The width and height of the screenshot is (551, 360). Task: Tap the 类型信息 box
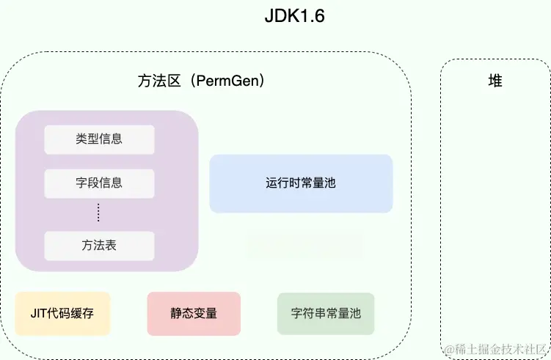(99, 139)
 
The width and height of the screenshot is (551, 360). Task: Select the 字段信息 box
(99, 183)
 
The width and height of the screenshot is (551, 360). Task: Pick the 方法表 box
(99, 246)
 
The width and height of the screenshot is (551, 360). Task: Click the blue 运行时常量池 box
(301, 183)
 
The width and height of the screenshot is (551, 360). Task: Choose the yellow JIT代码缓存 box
(62, 314)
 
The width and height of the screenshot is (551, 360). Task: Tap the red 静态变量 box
(194, 314)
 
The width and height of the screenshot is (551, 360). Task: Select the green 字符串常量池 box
(326, 314)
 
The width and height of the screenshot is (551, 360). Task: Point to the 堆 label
(495, 81)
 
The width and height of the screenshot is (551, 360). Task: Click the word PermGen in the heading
(226, 81)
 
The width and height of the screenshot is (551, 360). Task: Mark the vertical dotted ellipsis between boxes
(99, 213)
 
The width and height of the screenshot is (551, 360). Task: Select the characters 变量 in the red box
(205, 314)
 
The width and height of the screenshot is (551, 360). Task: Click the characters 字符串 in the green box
(308, 314)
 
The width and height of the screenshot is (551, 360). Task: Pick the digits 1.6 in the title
(311, 17)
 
